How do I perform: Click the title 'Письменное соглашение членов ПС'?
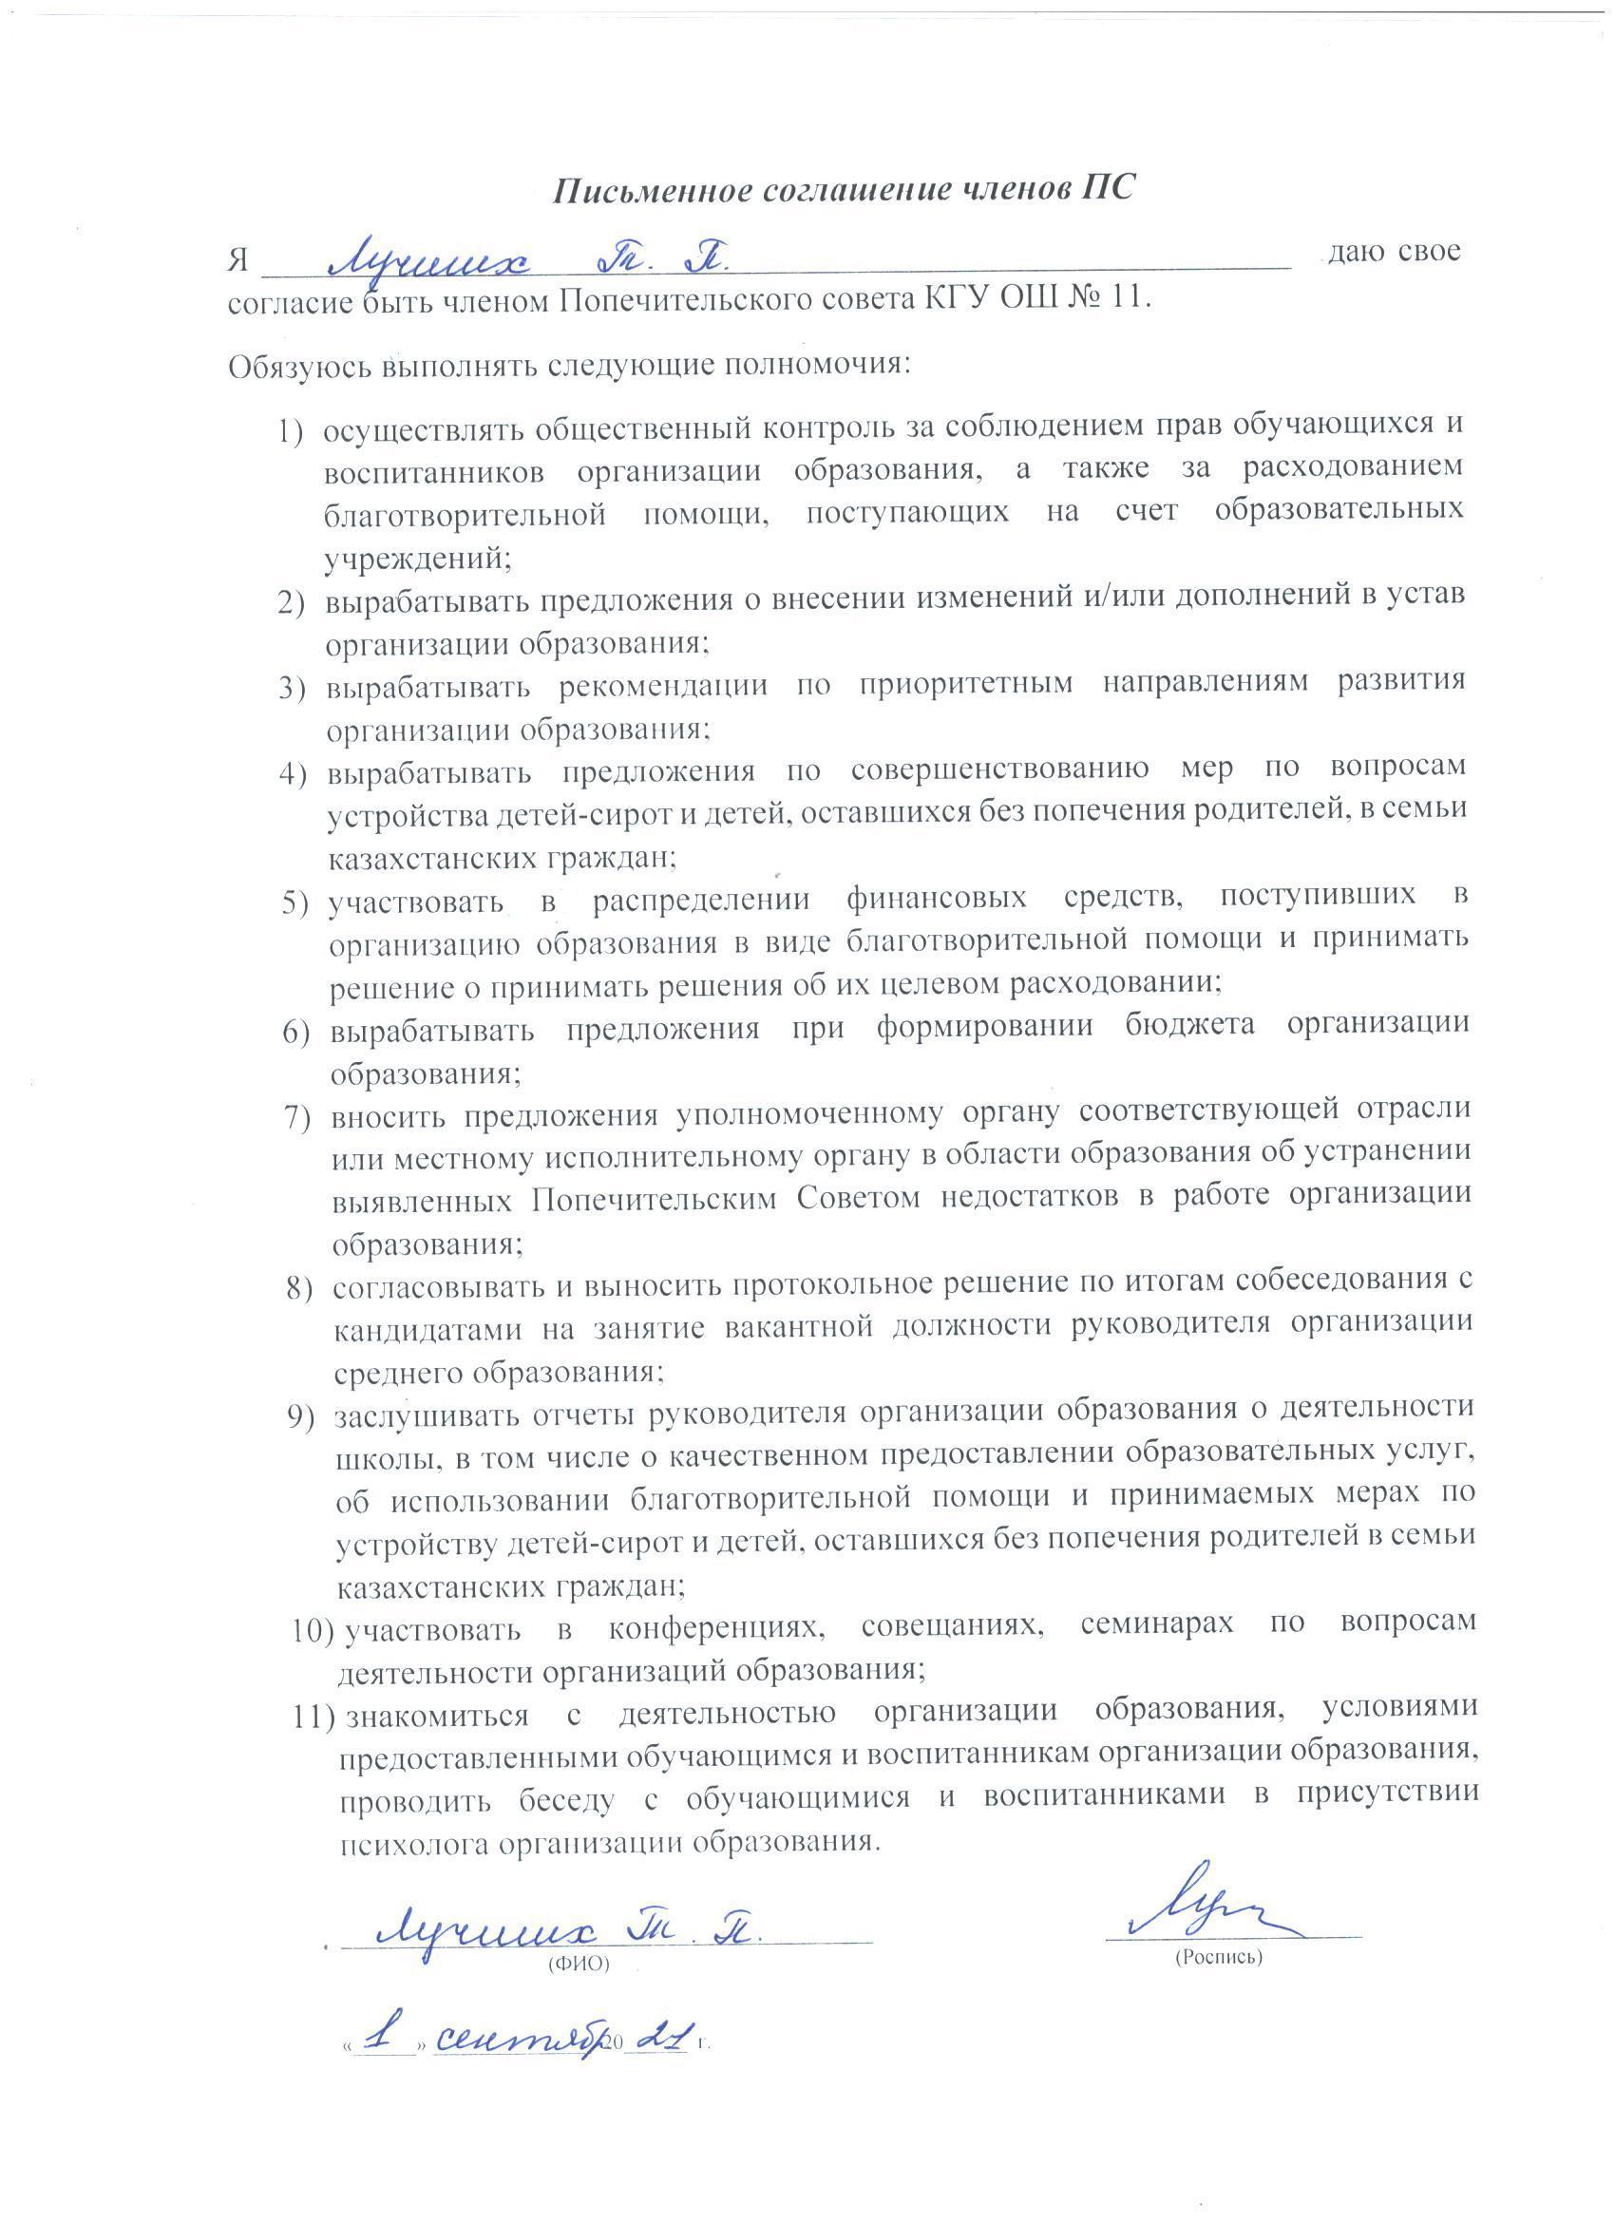[844, 189]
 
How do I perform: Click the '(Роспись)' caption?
[1218, 1958]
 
